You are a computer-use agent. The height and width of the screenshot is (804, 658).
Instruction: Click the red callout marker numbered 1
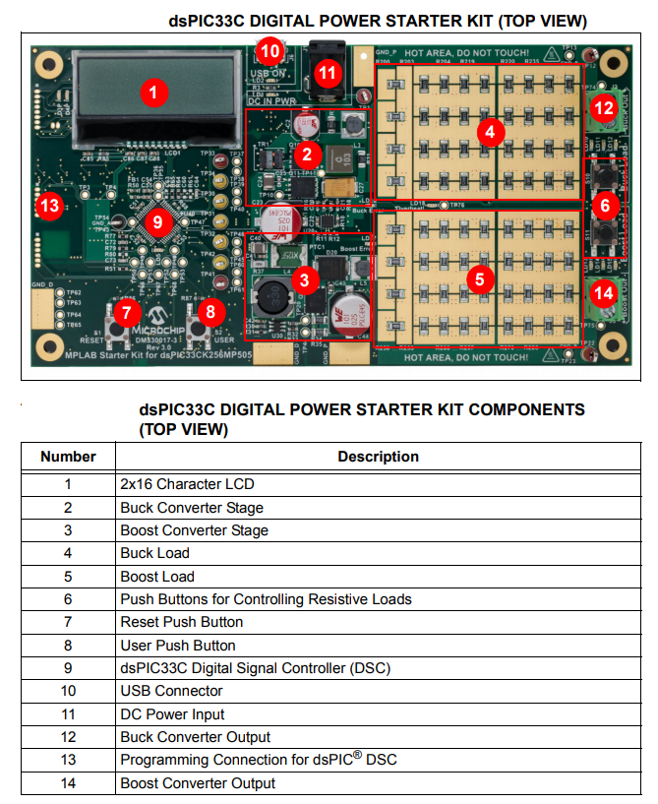151,93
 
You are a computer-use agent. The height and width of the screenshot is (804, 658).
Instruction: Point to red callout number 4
491,131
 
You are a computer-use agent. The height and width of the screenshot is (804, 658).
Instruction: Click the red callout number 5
479,278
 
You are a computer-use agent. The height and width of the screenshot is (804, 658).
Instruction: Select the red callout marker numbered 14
604,292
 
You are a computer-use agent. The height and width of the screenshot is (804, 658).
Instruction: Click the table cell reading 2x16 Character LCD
187,483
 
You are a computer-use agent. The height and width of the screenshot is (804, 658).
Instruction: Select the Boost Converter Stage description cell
194,529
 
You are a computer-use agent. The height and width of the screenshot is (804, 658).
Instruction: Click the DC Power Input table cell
172,713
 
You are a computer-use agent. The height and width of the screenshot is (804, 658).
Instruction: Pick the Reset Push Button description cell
181,622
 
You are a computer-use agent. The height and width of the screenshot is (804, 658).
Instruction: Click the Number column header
68,457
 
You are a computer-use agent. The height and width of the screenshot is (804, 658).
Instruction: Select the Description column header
378,457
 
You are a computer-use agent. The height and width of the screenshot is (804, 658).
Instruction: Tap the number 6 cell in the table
68,598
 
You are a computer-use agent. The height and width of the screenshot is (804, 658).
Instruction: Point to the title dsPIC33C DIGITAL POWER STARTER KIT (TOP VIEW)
378,21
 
